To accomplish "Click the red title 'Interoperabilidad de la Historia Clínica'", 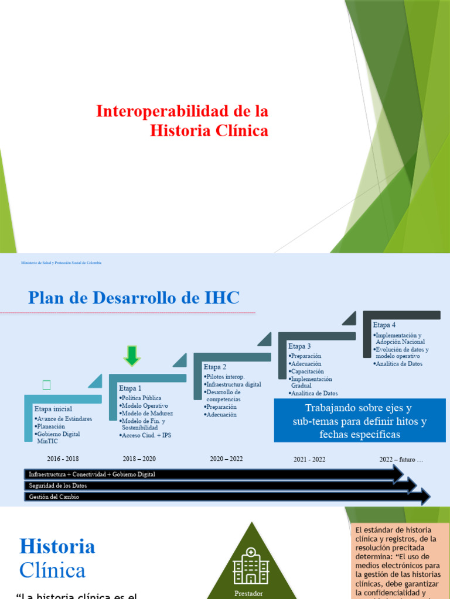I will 182,121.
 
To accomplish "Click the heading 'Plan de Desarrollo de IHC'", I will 134,298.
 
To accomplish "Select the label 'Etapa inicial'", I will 53,409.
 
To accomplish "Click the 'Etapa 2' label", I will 215,367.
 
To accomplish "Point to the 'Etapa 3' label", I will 299,346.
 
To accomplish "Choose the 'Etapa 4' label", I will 384,325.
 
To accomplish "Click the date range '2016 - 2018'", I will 62,459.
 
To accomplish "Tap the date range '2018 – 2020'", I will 139,459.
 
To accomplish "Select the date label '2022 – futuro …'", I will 401,459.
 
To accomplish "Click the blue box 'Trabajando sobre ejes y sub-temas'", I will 360,421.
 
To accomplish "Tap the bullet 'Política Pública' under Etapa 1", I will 141,398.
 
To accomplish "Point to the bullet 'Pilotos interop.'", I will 225,377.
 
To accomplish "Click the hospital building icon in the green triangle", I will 250,565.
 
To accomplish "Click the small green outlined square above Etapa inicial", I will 47,385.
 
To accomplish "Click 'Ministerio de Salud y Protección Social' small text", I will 61,263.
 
